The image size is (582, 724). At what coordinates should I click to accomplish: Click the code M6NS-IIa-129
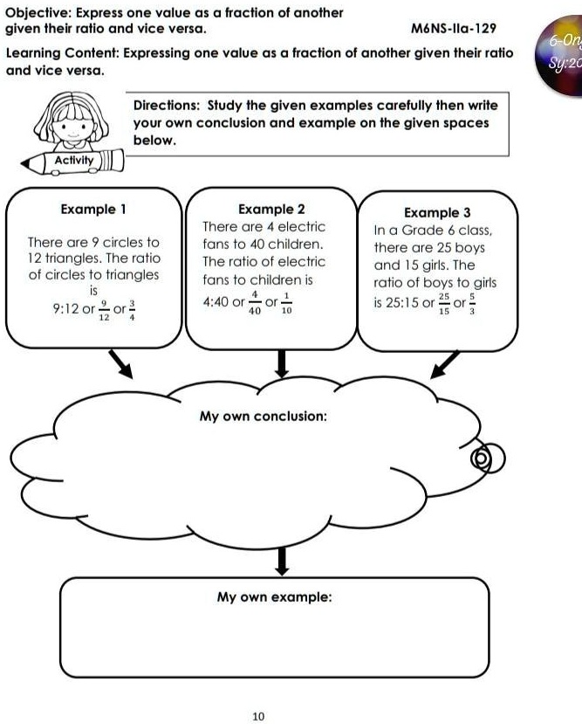click(452, 28)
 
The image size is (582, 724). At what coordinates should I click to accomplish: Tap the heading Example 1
click(93, 210)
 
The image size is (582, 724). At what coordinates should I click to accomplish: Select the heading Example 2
click(271, 210)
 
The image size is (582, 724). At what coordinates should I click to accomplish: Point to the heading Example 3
click(438, 212)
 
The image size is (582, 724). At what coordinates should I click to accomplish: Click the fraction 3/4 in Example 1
click(132, 312)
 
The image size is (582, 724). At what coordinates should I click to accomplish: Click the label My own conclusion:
click(264, 416)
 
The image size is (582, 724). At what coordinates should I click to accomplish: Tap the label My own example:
click(274, 597)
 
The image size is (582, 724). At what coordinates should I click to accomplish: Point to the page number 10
click(257, 716)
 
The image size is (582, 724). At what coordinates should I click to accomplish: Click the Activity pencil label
click(74, 162)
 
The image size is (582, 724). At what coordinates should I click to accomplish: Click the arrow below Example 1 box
click(120, 364)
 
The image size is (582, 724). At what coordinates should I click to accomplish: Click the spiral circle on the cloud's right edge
click(481, 459)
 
